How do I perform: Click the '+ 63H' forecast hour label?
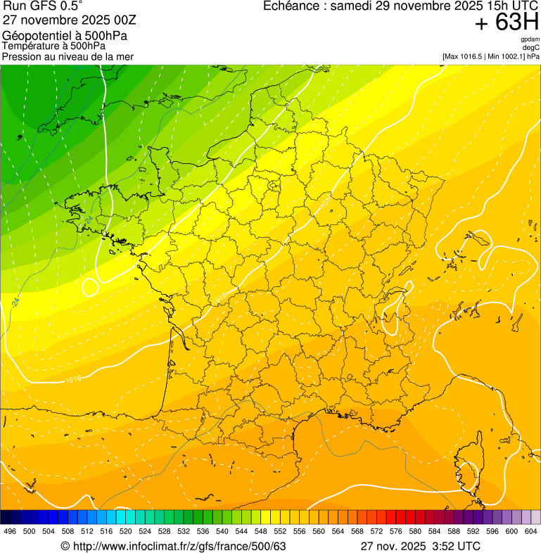(x=507, y=23)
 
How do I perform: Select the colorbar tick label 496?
(x=10, y=531)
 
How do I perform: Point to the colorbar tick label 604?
(x=531, y=531)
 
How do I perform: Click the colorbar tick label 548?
(x=260, y=531)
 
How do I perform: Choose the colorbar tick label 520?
(x=125, y=531)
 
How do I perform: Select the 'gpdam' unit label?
(x=530, y=39)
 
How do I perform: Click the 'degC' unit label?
(x=531, y=47)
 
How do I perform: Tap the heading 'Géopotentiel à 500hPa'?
(x=65, y=36)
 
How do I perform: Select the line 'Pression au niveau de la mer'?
(x=68, y=56)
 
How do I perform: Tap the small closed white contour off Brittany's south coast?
(x=90, y=286)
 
